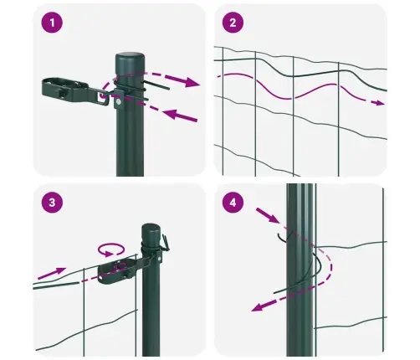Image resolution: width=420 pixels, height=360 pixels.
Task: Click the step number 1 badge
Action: click(54, 23)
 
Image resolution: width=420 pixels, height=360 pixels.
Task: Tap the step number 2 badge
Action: click(233, 23)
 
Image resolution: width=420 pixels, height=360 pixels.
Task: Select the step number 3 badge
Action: click(54, 202)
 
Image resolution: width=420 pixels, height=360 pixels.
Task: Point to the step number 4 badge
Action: click(233, 202)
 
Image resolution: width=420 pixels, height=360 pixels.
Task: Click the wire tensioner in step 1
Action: click(70, 87)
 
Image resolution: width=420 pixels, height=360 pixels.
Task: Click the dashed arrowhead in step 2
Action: click(380, 103)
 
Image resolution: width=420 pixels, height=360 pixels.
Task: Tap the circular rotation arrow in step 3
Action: click(109, 249)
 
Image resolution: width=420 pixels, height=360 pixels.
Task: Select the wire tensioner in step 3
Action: click(118, 272)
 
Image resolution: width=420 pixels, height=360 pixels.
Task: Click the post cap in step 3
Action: click(151, 229)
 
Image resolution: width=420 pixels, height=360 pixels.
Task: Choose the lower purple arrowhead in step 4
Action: click(259, 307)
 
